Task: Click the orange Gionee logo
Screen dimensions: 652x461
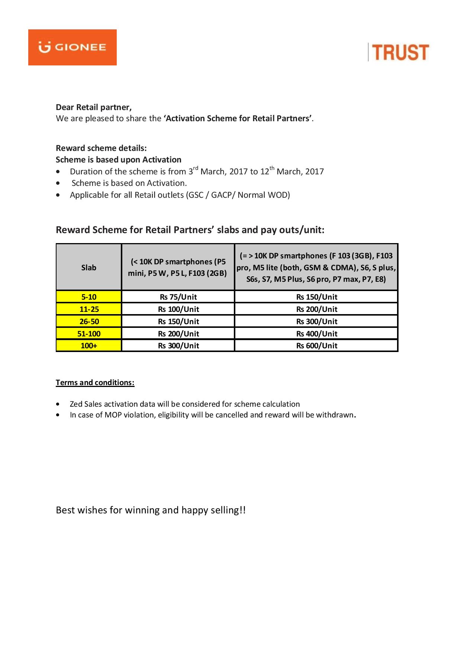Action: click(72, 47)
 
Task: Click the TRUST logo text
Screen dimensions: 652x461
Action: click(400, 52)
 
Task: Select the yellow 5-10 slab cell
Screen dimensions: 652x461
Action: click(89, 297)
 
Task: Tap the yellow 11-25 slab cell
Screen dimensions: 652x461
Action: click(89, 309)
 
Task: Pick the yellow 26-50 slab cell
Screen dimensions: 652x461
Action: click(89, 321)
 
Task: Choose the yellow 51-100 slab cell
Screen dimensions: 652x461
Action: click(89, 333)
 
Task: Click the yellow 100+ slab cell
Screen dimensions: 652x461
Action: click(89, 345)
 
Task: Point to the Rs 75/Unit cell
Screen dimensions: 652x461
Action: click(178, 297)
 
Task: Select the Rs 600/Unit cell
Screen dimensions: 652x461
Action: click(316, 345)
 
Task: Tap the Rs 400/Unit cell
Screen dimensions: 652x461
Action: click(316, 333)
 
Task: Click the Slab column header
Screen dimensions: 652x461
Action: click(89, 267)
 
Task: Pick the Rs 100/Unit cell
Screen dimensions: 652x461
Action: click(178, 309)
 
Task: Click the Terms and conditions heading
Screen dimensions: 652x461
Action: click(95, 383)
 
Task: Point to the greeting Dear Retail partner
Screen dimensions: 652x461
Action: click(94, 107)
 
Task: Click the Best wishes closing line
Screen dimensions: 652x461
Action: click(151, 510)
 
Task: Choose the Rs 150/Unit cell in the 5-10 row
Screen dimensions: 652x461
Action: click(316, 297)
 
